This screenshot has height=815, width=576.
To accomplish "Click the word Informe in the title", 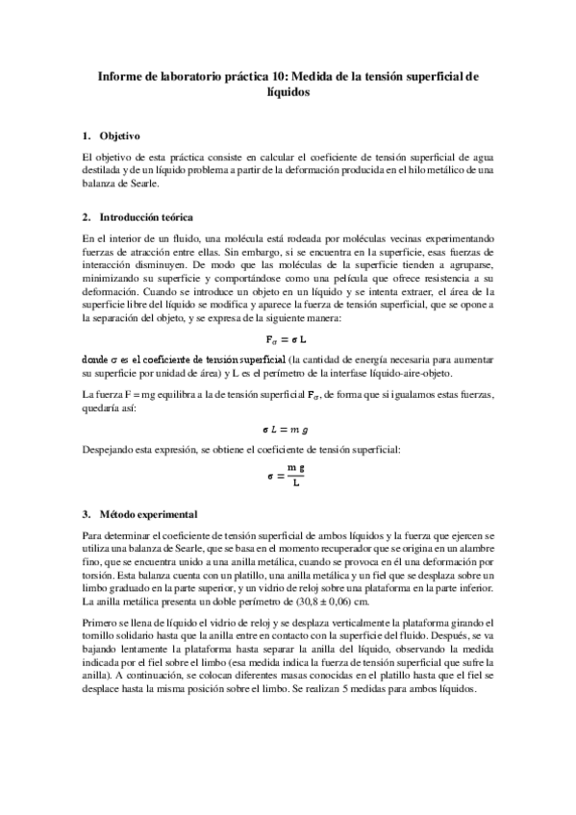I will pyautogui.click(x=124, y=74).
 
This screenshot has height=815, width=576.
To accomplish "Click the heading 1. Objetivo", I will pyautogui.click(x=112, y=136).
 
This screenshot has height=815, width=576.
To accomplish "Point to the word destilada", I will pyautogui.click(x=105, y=169).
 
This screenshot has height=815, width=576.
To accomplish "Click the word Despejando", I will pyautogui.click(x=113, y=450).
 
